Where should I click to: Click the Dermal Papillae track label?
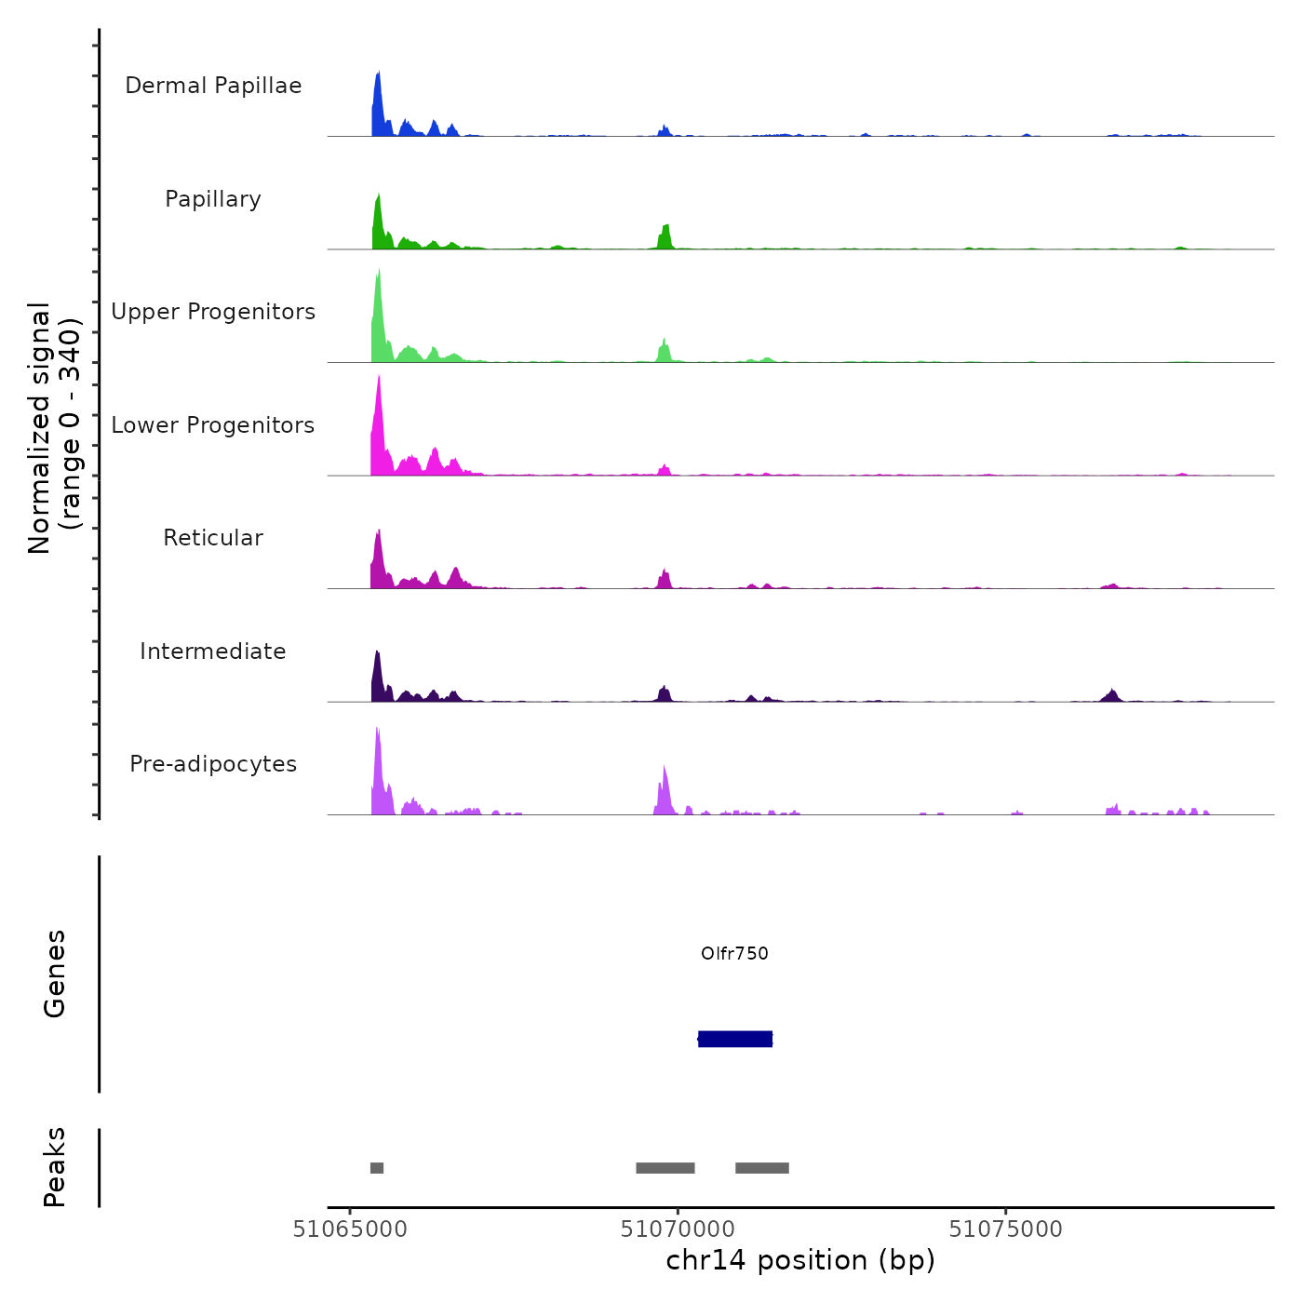(x=213, y=86)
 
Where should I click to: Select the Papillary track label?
(x=213, y=199)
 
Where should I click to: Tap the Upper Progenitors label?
(x=213, y=312)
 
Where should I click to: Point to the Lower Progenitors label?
(x=213, y=425)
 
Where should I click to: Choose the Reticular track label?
(x=213, y=538)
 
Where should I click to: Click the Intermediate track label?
(x=213, y=651)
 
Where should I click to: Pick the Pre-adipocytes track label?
(x=213, y=764)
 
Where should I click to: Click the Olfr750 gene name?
(x=734, y=953)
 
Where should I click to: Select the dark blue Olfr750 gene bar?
(x=735, y=1039)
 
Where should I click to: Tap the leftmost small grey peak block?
(x=377, y=1168)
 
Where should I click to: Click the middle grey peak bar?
(x=665, y=1168)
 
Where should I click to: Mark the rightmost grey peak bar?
(x=762, y=1168)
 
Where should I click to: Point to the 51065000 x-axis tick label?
(x=350, y=1229)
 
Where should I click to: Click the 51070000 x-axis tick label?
(x=678, y=1229)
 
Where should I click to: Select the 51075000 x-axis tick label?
(x=1005, y=1229)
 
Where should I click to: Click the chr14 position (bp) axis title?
(x=800, y=1260)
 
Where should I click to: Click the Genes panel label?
(x=55, y=974)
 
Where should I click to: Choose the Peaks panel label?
(x=55, y=1167)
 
